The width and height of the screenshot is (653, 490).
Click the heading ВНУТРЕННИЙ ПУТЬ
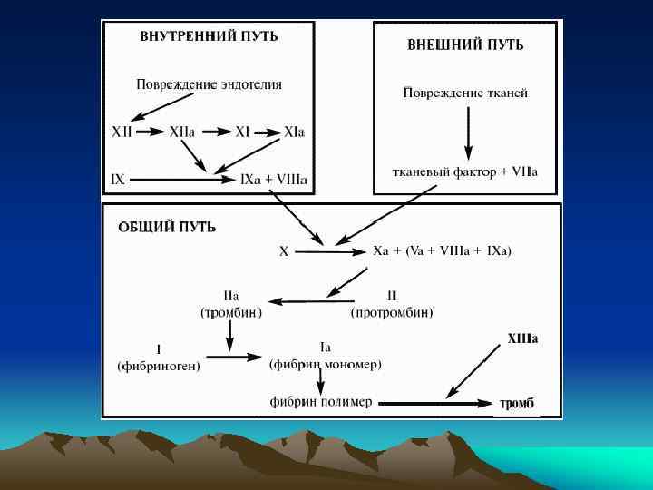pos(209,37)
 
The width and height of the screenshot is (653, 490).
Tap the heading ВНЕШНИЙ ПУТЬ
pos(465,44)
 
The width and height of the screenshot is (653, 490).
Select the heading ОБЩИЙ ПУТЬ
pos(167,227)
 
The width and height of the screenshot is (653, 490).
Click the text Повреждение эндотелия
pos(209,84)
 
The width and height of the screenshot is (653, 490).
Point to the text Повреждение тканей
pos(465,93)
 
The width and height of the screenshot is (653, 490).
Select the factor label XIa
pos(294,132)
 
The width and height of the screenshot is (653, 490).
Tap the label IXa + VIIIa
pos(273,180)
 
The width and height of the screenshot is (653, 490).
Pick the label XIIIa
pos(521,338)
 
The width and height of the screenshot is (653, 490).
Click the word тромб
pos(517,403)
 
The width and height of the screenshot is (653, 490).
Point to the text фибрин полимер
pos(320,402)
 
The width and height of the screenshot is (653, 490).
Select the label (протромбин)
pos(392,313)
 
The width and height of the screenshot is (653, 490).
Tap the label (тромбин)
pos(231,313)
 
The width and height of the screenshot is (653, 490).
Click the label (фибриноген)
pos(159,366)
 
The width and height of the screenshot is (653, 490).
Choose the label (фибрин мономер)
pos(326,364)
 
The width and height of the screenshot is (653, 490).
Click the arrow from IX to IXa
pos(181,180)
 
